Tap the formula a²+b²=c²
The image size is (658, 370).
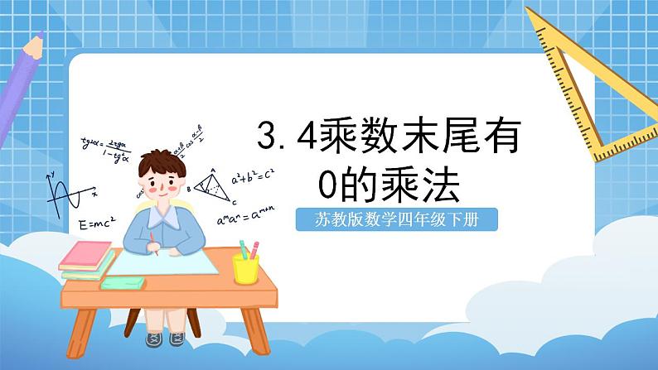[254, 176]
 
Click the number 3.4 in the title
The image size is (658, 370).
[286, 137]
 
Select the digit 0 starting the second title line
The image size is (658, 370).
[331, 185]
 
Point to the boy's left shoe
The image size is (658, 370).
[177, 339]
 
